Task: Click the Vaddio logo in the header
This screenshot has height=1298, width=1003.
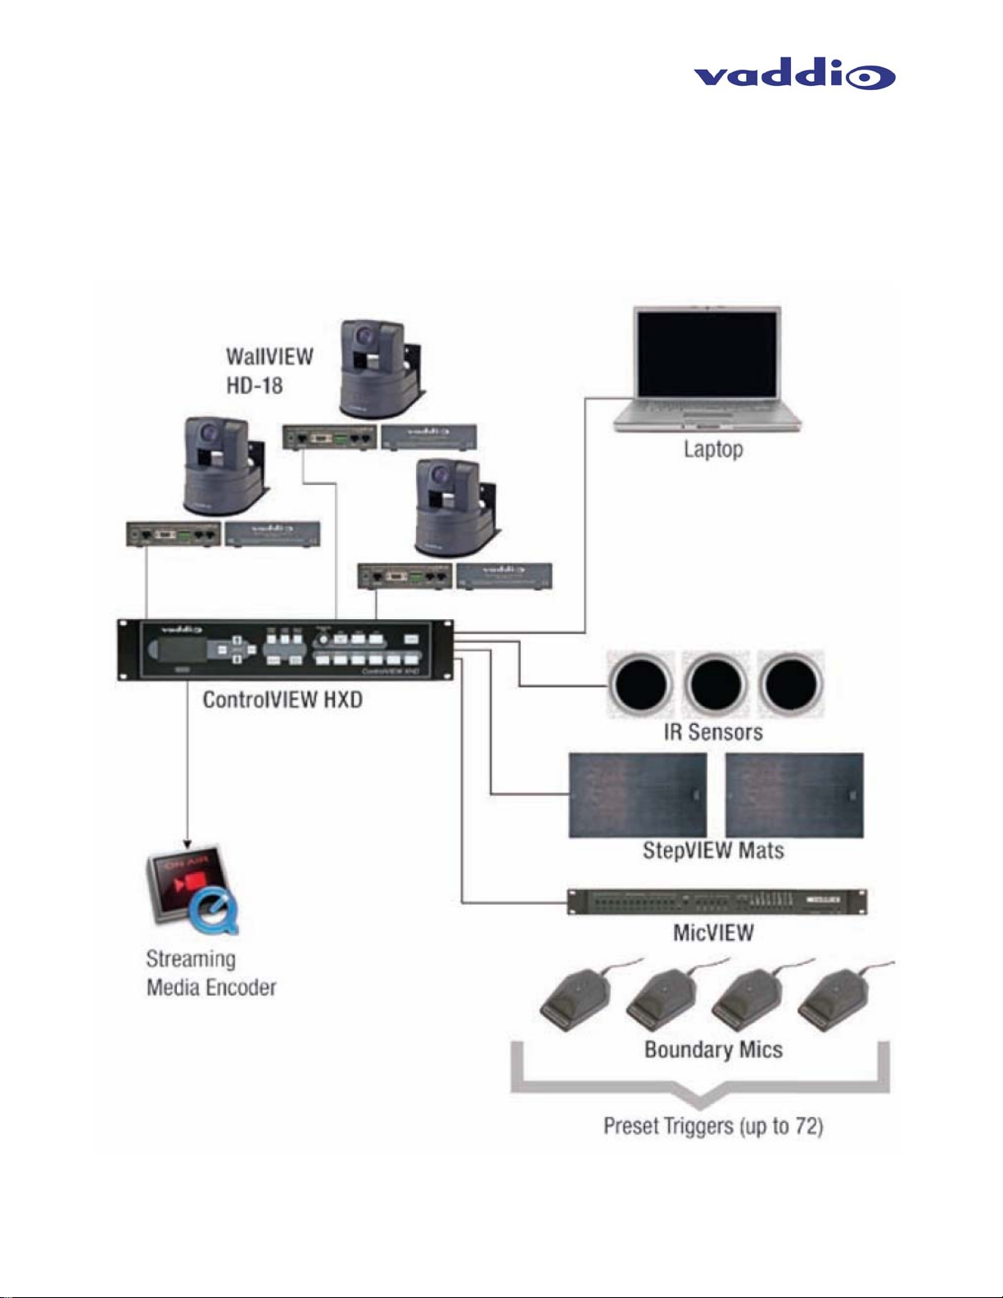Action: coord(794,75)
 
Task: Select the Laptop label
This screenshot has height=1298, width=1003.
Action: coord(713,449)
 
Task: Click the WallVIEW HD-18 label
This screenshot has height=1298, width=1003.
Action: coord(269,370)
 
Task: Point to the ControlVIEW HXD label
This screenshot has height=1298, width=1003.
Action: coord(282,700)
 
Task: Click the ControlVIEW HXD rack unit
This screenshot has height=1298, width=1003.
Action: coord(284,649)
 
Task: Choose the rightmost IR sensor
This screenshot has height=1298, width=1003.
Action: coord(790,685)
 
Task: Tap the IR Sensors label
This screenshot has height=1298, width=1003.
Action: coord(713,732)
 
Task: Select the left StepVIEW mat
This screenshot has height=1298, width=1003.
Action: coord(637,795)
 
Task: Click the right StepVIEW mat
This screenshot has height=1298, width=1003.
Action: coord(793,795)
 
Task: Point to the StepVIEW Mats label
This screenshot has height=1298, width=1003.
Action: coord(713,851)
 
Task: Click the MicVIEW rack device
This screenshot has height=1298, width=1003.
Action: coord(716,902)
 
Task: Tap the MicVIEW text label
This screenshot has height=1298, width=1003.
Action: coord(713,933)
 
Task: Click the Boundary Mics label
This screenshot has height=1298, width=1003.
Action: coord(713,1050)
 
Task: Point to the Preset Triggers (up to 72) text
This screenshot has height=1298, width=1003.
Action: coord(713,1126)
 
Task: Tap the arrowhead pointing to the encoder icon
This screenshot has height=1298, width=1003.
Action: coord(187,843)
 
